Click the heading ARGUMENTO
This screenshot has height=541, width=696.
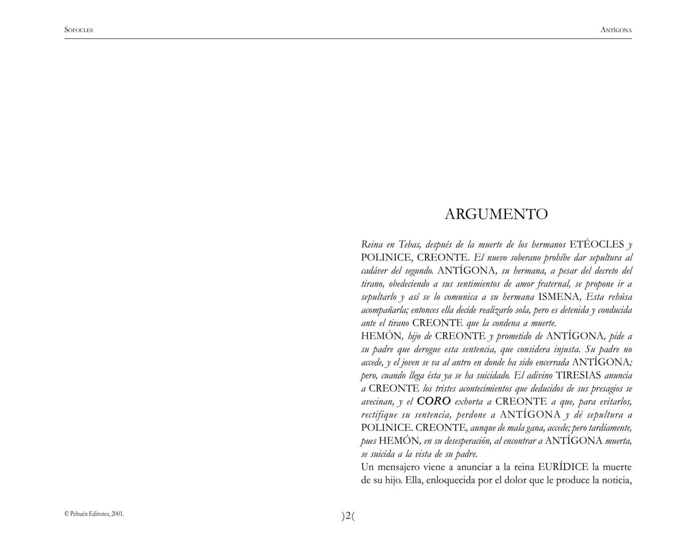496,214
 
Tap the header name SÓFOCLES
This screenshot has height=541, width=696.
79,30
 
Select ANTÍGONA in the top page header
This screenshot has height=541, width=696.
616,30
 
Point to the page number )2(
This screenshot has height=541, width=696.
348,515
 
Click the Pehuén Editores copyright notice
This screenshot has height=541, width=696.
94,514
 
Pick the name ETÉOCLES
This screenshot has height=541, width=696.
597,244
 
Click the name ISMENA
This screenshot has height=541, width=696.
559,297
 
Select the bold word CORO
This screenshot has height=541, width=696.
434,401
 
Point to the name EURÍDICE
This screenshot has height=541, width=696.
563,467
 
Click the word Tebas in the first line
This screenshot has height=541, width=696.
409,245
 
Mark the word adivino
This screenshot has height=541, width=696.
537,375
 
